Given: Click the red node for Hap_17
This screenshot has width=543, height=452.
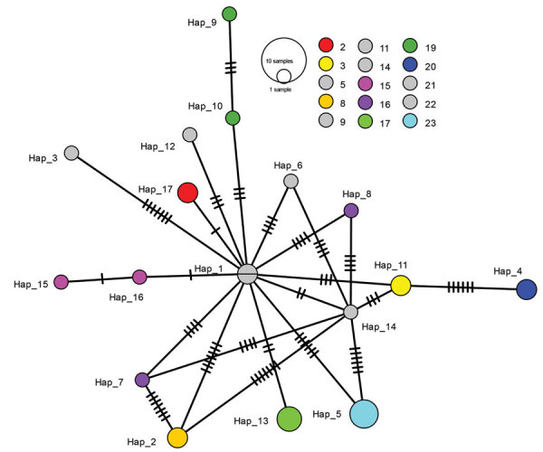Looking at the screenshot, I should [x=188, y=193].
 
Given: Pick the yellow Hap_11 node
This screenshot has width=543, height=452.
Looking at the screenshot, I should [x=402, y=286].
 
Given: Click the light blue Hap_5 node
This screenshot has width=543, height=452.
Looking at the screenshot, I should [x=364, y=412].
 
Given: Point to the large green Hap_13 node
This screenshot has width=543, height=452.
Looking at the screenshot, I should [x=289, y=419].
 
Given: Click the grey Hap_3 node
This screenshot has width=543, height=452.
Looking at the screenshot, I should [x=71, y=153].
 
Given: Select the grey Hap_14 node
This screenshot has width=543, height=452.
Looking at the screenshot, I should [x=351, y=313].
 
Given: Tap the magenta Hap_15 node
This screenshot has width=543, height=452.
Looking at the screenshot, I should [x=62, y=281].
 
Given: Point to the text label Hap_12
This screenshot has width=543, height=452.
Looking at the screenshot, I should [x=158, y=146].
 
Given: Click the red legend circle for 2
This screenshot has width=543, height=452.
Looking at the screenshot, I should [x=326, y=45].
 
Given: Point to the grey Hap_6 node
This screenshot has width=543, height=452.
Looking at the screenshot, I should [x=291, y=181].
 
